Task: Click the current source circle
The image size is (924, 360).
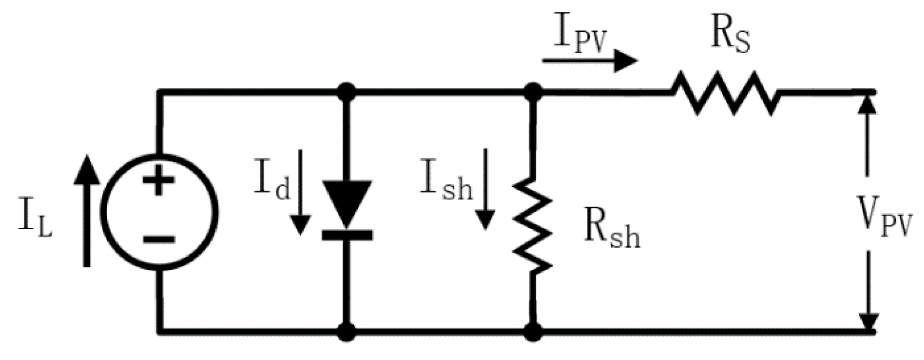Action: pos(161,213)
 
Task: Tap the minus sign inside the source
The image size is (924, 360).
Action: pos(158,239)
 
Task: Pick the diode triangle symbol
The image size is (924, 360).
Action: pos(347,203)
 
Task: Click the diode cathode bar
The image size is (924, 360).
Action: pos(347,235)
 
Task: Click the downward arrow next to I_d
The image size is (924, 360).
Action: pos(300,193)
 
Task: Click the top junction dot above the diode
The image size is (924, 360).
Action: pos(347,92)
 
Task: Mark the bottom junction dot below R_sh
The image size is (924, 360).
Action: pos(533,332)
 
